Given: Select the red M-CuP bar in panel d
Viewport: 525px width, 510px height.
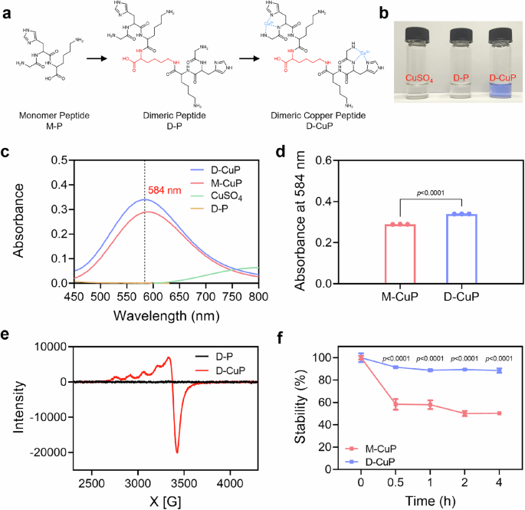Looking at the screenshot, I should pyautogui.click(x=397, y=253).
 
